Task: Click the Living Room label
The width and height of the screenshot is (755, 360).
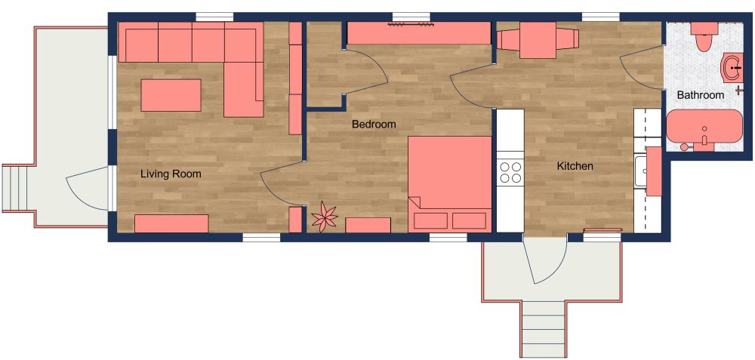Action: pyautogui.click(x=171, y=174)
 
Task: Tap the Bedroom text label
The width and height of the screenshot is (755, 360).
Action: pyautogui.click(x=374, y=125)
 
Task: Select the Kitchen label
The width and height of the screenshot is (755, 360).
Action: pyautogui.click(x=575, y=166)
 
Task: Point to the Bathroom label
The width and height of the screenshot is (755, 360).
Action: pyautogui.click(x=700, y=95)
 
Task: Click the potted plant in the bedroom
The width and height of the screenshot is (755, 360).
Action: pyautogui.click(x=325, y=217)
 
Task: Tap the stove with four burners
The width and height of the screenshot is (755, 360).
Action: pyautogui.click(x=510, y=172)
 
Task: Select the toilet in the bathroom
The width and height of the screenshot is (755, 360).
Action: pyautogui.click(x=704, y=35)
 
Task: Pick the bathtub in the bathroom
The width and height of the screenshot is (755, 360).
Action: pyautogui.click(x=704, y=126)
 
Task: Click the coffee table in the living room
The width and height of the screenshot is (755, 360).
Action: pyautogui.click(x=171, y=95)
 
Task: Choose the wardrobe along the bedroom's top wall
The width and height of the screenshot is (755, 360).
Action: pyautogui.click(x=418, y=33)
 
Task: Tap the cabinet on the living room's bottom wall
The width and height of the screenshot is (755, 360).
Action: pyautogui.click(x=171, y=223)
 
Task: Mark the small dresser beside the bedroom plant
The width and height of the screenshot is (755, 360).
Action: pyautogui.click(x=368, y=225)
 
